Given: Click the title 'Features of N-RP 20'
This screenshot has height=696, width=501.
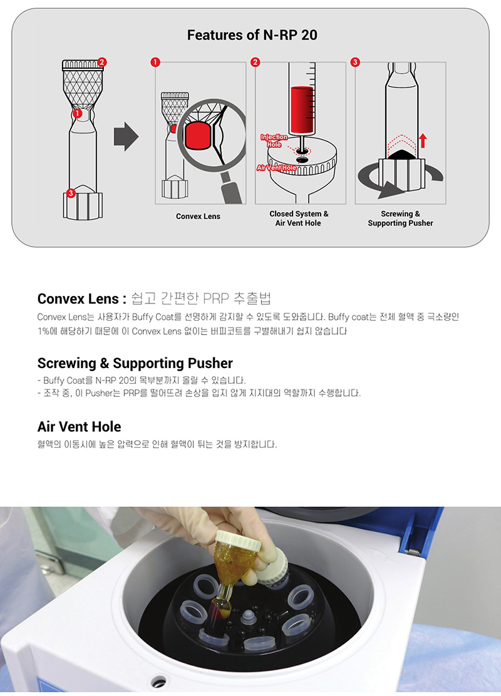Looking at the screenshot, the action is point(252,35).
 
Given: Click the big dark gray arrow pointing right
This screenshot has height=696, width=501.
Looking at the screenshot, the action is point(126,136).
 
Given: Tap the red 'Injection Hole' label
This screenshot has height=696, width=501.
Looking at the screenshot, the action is point(274,141).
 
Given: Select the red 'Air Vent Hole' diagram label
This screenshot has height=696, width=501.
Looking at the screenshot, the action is point(276,168).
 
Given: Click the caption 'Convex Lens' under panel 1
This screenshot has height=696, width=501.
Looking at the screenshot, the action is point(198,216).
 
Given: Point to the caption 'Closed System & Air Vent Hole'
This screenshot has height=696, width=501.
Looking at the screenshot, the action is point(299,218).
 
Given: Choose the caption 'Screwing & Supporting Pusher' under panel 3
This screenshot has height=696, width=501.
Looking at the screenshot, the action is point(400,218).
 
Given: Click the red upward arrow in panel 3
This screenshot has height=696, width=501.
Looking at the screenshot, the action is point(423,140).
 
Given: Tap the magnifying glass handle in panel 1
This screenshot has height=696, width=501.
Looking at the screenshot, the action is point(232,188).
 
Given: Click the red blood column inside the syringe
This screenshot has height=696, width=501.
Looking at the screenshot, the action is point(302,110).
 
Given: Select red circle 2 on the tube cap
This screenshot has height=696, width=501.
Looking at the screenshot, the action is point(102,62).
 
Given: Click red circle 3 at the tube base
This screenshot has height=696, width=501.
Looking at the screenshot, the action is point(71,193).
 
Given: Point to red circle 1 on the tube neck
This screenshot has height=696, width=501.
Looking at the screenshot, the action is point(77,114).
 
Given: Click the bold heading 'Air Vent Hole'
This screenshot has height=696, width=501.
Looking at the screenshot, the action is point(79,427).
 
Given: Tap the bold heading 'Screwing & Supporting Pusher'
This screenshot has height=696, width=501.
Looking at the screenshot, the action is point(135,363).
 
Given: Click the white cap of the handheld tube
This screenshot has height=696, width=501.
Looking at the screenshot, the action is point(237,541).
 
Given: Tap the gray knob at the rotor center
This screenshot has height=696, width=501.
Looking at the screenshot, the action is point(247,617).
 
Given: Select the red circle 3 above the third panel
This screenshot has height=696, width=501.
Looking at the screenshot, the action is point(355,62).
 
